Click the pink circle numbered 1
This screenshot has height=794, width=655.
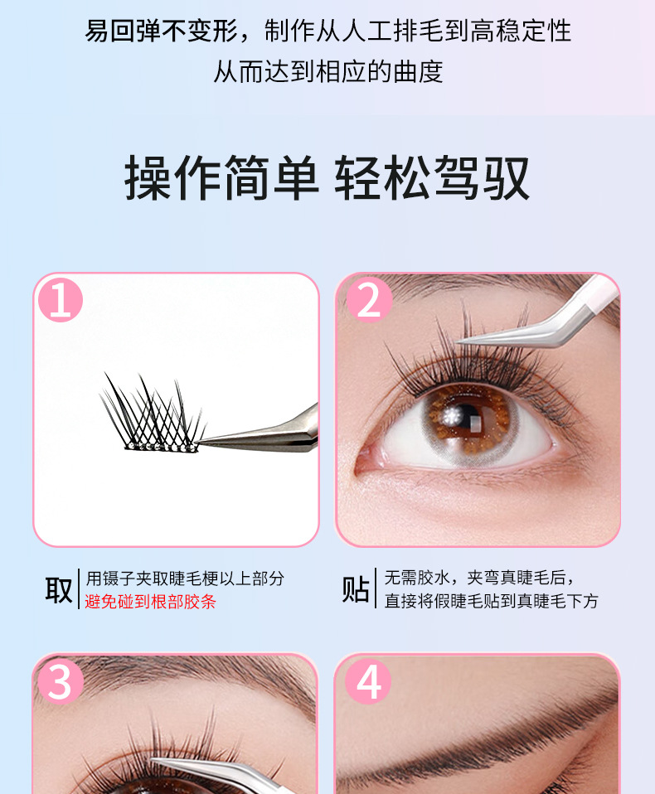(61, 300)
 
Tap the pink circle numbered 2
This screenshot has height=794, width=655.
(369, 300)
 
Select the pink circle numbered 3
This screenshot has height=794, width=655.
(61, 681)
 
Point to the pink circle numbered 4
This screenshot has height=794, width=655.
(368, 681)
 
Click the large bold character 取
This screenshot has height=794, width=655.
(59, 590)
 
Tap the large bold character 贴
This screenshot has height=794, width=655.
(355, 589)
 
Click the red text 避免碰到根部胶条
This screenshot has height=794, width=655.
(150, 602)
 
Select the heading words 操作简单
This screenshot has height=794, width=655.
(221, 178)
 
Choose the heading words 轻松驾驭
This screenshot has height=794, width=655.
(432, 178)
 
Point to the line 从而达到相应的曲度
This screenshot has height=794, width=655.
(328, 71)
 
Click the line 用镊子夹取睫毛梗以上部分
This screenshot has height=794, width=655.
(185, 579)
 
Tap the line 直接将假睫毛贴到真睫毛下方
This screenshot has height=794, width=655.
(492, 601)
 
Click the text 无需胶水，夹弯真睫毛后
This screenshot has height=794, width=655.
(479, 578)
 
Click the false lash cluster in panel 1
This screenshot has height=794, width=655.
(152, 413)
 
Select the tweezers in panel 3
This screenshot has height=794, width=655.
(223, 775)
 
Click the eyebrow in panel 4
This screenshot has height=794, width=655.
(476, 744)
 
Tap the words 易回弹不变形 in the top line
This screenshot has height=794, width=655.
(162, 31)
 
